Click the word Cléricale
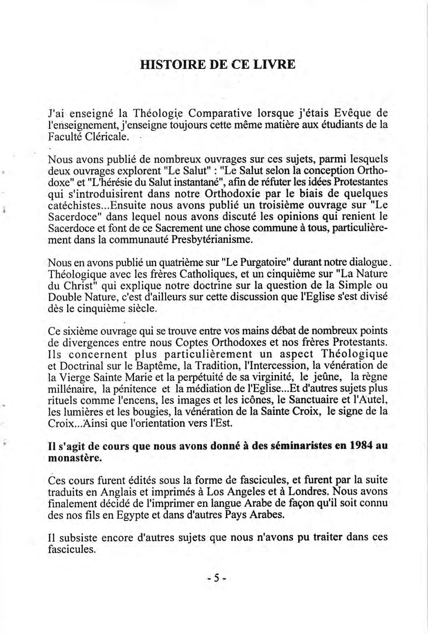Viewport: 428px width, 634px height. point(109,136)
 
